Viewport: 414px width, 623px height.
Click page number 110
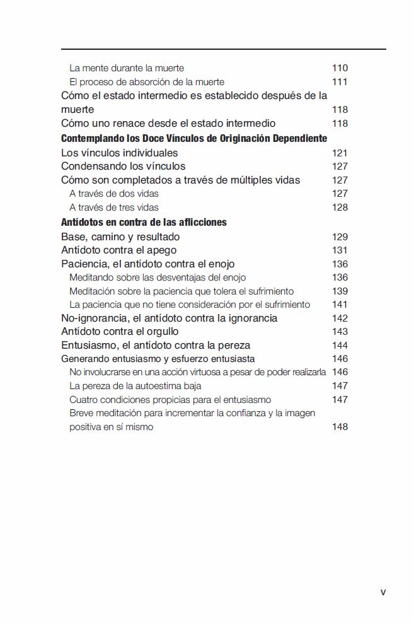pyautogui.click(x=340, y=68)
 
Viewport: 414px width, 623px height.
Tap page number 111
pyautogui.click(x=340, y=82)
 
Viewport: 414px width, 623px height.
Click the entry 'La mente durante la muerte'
pyautogui.click(x=127, y=68)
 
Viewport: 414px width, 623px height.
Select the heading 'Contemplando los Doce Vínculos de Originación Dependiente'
pyautogui.click(x=194, y=138)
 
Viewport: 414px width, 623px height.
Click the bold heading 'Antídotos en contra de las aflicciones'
pyautogui.click(x=144, y=222)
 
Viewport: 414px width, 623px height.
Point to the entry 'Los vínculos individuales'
pyautogui.click(x=120, y=153)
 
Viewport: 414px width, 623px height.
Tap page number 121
pyautogui.click(x=340, y=153)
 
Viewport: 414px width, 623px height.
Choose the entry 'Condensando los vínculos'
pyautogui.click(x=124, y=166)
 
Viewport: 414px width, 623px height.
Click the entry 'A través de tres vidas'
pyautogui.click(x=114, y=207)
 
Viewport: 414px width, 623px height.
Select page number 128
pyautogui.click(x=340, y=207)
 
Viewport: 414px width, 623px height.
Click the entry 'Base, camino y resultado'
pyautogui.click(x=120, y=237)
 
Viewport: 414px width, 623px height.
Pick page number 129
pyautogui.click(x=340, y=237)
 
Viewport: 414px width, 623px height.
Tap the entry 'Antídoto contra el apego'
pyautogui.click(x=119, y=250)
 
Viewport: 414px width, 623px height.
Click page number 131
pyautogui.click(x=340, y=250)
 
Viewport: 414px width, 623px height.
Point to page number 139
pyautogui.click(x=340, y=291)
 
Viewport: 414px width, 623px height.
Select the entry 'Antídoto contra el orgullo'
pyautogui.click(x=120, y=332)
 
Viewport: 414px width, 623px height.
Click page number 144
pyautogui.click(x=340, y=346)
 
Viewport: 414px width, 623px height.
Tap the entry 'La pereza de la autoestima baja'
pyautogui.click(x=135, y=386)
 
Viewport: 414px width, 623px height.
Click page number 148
pyautogui.click(x=340, y=428)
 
